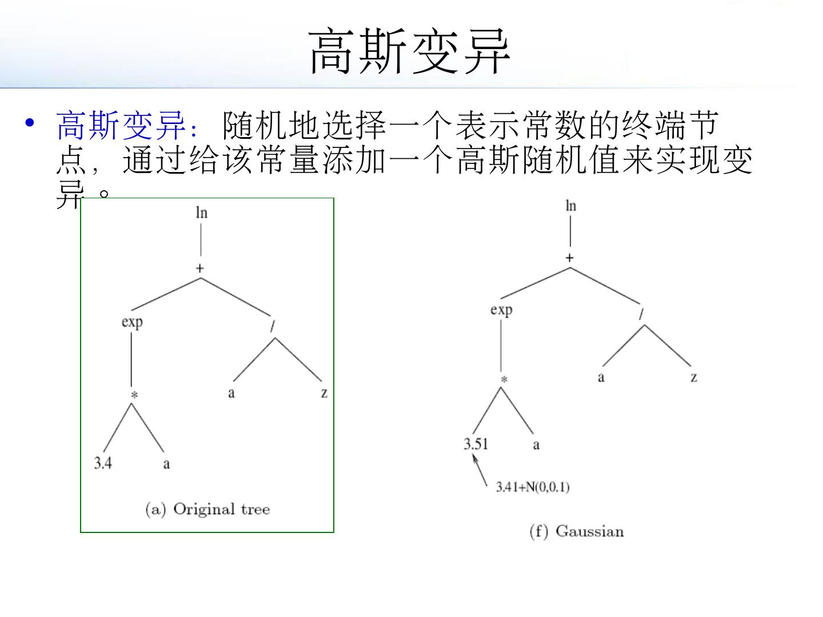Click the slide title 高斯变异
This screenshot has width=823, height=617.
409,51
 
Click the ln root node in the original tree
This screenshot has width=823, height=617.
201,213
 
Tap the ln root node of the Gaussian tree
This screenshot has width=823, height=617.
570,206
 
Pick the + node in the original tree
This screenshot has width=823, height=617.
200,268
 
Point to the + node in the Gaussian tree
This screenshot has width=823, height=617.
569,258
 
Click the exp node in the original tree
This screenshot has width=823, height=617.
132,322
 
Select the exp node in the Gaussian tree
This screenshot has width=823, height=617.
501,310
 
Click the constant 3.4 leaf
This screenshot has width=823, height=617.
103,463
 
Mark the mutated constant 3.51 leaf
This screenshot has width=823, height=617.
476,444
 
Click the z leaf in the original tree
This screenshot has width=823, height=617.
324,393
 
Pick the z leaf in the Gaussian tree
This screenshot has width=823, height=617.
693,378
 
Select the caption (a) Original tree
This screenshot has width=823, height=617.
207,509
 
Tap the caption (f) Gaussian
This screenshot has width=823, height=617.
577,531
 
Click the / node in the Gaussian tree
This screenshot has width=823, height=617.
641,314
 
